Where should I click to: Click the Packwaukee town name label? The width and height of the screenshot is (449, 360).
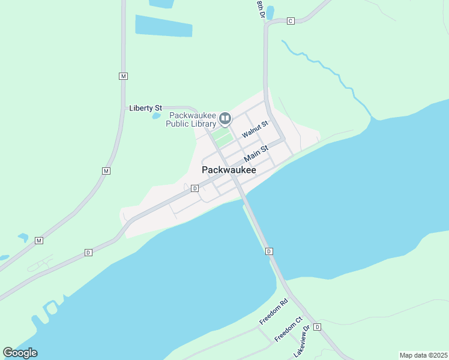(229, 170)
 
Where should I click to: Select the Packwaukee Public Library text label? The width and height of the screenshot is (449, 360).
(191, 120)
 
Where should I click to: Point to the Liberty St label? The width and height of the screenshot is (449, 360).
(146, 108)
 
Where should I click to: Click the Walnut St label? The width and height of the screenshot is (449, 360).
(255, 128)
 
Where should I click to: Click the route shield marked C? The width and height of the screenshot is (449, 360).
(290, 21)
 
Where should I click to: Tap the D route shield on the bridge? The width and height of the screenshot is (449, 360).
(269, 251)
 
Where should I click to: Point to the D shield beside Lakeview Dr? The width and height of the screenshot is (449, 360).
(318, 327)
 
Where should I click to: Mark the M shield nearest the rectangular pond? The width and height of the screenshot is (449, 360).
(123, 76)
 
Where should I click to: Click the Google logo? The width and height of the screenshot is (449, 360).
(20, 353)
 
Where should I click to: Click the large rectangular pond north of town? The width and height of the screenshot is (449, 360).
(163, 26)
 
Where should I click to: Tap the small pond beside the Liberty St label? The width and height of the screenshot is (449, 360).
(157, 115)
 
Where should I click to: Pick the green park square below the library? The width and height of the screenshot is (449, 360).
(222, 138)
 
